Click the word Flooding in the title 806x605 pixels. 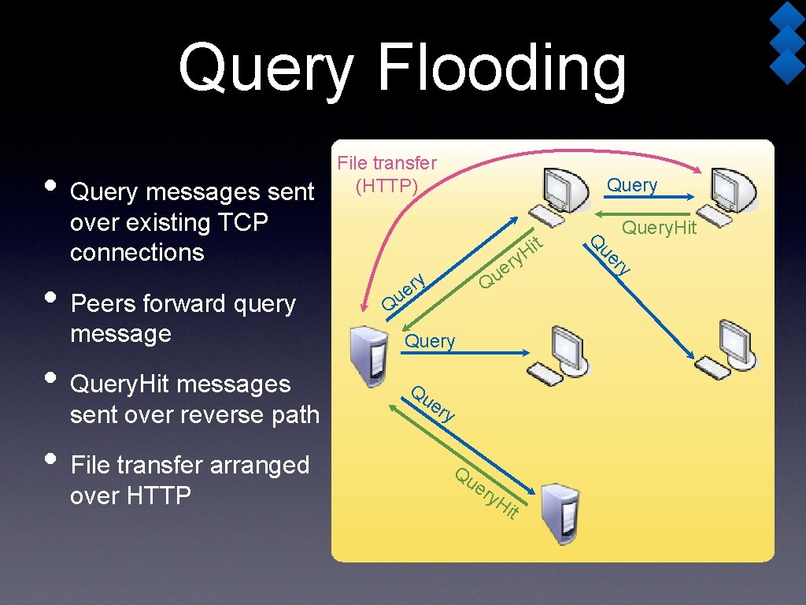click(x=502, y=69)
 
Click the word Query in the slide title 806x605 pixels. click(x=266, y=69)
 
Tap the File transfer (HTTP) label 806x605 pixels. click(x=386, y=174)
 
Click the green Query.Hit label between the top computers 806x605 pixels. click(x=659, y=228)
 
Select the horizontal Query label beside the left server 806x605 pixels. click(x=430, y=341)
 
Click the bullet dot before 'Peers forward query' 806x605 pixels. click(x=51, y=299)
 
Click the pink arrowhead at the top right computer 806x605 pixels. click(x=698, y=167)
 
